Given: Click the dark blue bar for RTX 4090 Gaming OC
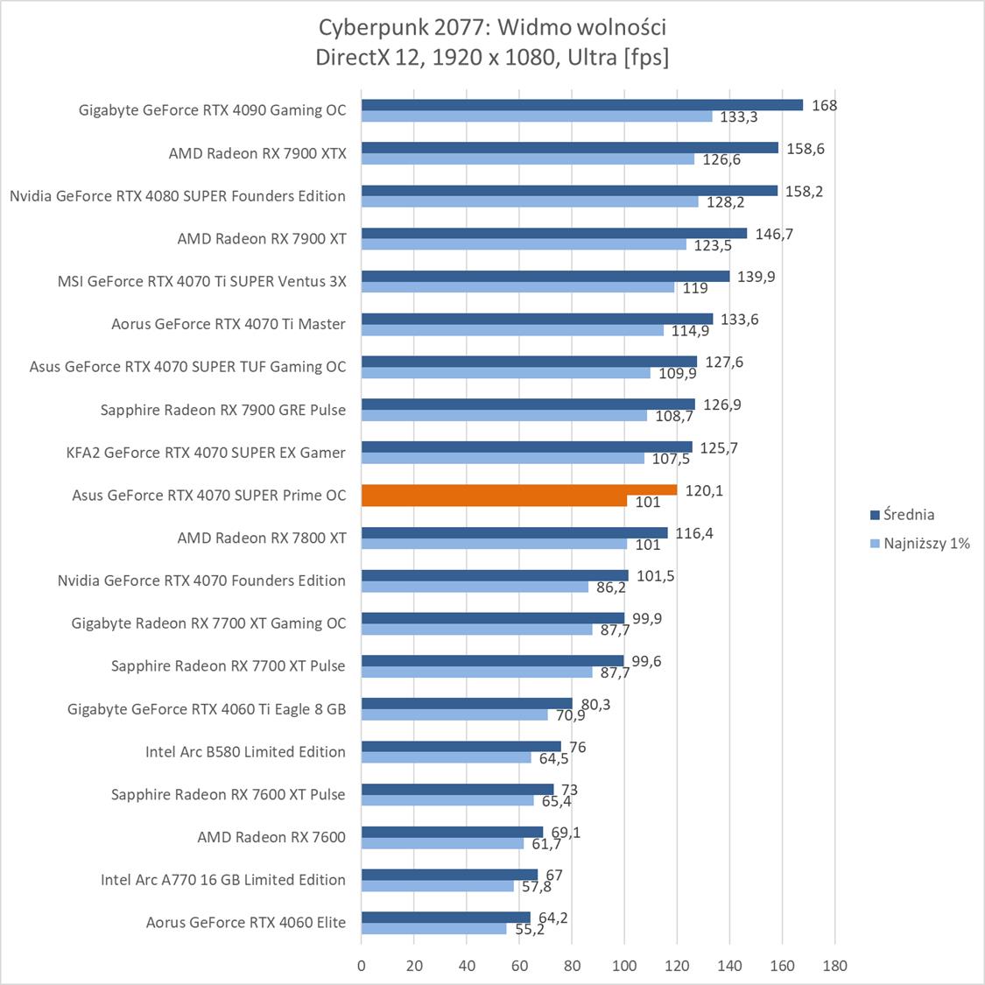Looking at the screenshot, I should pos(581,105).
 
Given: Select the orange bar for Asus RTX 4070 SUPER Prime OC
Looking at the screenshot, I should pos(518,490).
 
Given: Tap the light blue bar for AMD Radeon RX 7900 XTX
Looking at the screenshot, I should pos(527,159).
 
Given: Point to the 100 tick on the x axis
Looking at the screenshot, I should pos(624,966).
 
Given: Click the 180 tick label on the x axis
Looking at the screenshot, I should pos(835,966).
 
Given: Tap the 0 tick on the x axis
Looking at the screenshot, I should pos(362,966).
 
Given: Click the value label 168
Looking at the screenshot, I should pos(824,106).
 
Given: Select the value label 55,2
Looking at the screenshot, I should pos(530,930).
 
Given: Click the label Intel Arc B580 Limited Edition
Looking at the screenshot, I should pos(245,751).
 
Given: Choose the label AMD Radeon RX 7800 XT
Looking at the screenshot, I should pos(262,538).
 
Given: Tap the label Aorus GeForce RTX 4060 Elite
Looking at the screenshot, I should pos(246,922).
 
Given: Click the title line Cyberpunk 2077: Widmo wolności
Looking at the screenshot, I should pos(492,28).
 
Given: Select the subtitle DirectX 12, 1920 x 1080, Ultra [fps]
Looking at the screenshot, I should pos(492,58).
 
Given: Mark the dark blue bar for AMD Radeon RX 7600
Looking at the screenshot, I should pos(452,833).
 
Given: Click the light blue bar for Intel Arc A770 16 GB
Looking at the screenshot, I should pos(437,886).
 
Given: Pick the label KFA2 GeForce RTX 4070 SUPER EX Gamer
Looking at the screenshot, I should pos(206,453).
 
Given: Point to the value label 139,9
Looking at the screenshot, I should pos(756,277).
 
